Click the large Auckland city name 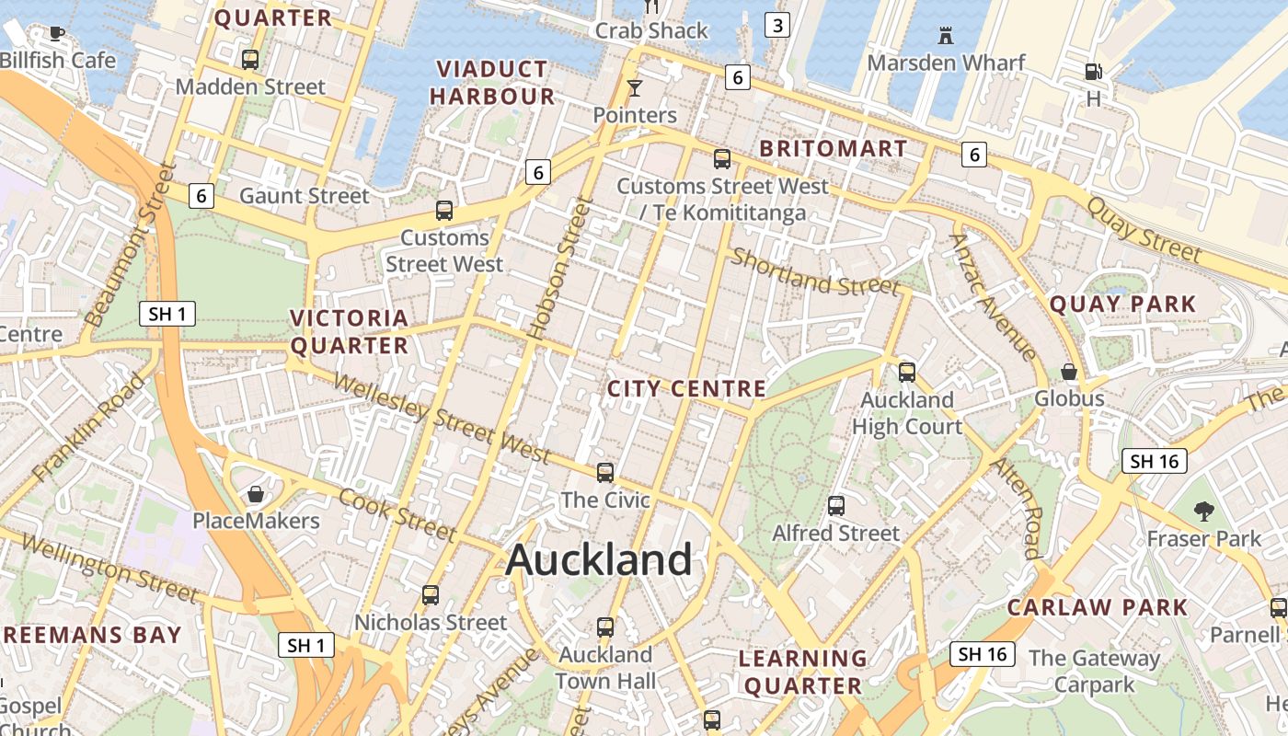599,559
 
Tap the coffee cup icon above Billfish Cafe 57,34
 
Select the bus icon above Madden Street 249,60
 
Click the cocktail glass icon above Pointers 634,88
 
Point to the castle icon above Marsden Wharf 945,36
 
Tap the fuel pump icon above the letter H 1093,71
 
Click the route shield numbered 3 777,25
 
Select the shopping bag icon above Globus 1069,372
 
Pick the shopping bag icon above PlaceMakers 256,494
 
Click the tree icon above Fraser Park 1203,512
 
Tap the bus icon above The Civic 604,473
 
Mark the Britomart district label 834,148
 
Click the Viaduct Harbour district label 492,83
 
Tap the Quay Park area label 1123,304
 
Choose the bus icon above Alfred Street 835,506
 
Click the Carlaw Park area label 1098,607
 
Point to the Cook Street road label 397,515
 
